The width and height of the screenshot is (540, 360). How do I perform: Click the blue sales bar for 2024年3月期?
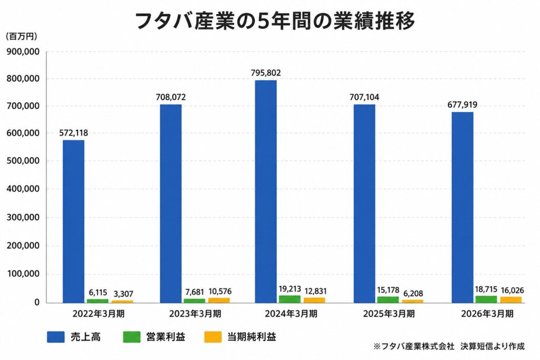click(x=266, y=191)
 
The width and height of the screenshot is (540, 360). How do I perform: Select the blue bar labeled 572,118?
click(x=73, y=221)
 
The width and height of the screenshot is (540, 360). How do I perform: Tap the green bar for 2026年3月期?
click(x=486, y=299)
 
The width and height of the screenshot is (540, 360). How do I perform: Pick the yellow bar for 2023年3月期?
click(x=219, y=300)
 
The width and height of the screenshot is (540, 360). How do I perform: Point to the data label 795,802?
click(x=266, y=73)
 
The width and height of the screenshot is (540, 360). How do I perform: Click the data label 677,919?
click(x=462, y=105)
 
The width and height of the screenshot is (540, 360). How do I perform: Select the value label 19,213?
click(x=290, y=289)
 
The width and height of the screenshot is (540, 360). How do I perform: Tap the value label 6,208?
click(x=413, y=294)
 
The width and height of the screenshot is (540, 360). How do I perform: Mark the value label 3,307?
click(x=123, y=294)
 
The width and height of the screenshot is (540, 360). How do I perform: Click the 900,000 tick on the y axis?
click(x=23, y=52)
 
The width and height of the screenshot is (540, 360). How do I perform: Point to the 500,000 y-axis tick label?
click(x=23, y=161)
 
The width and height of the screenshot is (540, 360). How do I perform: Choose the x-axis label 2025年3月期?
click(x=389, y=314)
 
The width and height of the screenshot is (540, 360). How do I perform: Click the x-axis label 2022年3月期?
click(x=99, y=314)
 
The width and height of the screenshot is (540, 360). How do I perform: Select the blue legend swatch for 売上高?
click(x=56, y=337)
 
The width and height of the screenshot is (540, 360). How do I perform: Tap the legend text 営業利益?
click(x=166, y=337)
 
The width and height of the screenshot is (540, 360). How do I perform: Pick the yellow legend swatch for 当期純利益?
click(x=213, y=337)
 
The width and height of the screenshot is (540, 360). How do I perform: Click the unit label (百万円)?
click(x=21, y=36)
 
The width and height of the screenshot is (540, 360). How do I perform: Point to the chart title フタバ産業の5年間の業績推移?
click(x=274, y=21)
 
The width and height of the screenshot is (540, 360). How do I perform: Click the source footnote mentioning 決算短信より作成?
click(x=449, y=346)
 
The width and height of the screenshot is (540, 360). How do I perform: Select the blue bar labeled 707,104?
click(x=364, y=204)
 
